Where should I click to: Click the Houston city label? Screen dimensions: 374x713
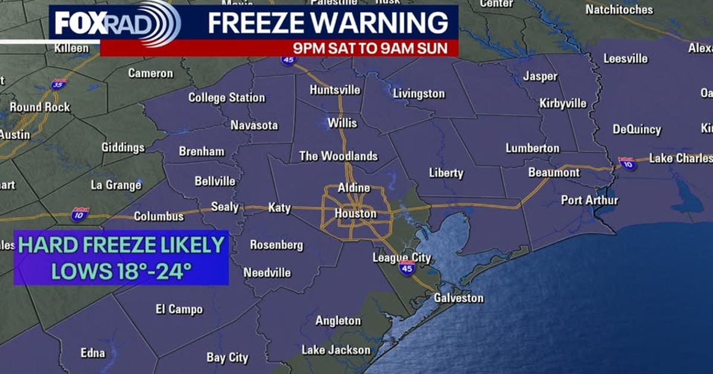[x=355, y=213]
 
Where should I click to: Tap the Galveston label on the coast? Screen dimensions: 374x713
[x=458, y=297]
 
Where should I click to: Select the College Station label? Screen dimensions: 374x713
[x=226, y=97]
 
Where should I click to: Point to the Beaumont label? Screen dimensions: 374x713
[x=554, y=173]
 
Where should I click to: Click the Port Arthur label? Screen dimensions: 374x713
[x=589, y=200]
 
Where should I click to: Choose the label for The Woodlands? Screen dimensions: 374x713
[x=338, y=156]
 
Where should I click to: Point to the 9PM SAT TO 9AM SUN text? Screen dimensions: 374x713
[x=370, y=47]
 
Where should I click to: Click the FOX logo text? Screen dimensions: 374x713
[x=80, y=24]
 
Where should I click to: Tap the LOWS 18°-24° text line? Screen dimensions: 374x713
[x=121, y=270]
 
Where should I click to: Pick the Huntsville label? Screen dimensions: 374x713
[x=335, y=90]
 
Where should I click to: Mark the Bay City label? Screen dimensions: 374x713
[x=227, y=357]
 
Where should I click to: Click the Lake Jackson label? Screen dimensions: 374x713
[x=336, y=350]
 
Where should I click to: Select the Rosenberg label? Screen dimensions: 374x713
[x=276, y=245]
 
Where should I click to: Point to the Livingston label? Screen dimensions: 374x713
[x=418, y=94]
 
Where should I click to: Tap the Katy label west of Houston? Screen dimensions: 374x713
[x=279, y=208]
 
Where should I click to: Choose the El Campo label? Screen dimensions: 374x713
[x=179, y=309]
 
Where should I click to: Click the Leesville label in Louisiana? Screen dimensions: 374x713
[x=625, y=58]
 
